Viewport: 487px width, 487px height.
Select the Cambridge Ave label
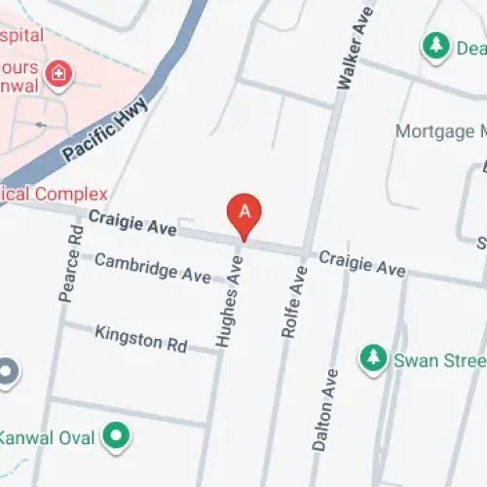point(152,267)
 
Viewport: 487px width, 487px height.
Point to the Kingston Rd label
point(140,339)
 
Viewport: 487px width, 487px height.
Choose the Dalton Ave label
point(325,409)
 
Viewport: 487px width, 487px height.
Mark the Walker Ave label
point(353,48)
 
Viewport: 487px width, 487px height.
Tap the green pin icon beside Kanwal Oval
point(118,436)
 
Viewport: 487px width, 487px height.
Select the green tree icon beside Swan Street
point(372,358)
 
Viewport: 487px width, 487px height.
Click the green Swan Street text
point(438,359)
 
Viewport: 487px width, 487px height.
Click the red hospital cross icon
point(58,73)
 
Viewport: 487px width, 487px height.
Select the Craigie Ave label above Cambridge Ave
point(132,224)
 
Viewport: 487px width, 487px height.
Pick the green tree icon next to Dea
point(434,46)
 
